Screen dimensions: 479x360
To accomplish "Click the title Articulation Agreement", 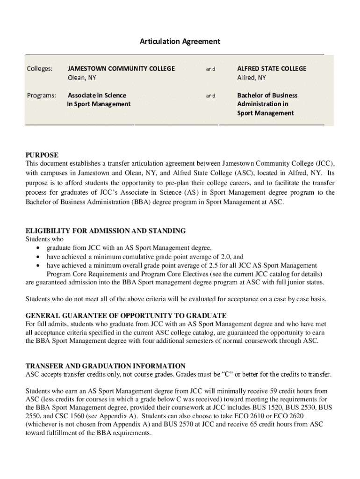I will tap(180, 42).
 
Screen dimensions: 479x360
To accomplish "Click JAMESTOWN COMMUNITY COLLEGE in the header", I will tap(121, 69).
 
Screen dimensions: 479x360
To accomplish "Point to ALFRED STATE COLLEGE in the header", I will tap(272, 69).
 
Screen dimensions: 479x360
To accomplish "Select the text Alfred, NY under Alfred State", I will tap(251, 78).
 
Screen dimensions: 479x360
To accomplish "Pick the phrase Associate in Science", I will tap(97, 95).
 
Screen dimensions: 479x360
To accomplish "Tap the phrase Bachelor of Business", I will tap(267, 95).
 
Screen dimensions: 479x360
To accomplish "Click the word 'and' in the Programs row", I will tap(211, 96).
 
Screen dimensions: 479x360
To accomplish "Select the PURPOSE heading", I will tap(42, 155).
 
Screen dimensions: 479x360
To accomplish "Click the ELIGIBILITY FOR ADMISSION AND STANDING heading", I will tap(105, 231).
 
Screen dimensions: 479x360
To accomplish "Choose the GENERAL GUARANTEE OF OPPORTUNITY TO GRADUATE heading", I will tap(126, 315).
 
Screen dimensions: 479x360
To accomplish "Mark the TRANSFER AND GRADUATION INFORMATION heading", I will tap(105, 366).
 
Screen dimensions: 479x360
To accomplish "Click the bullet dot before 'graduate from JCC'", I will tap(37, 248).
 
